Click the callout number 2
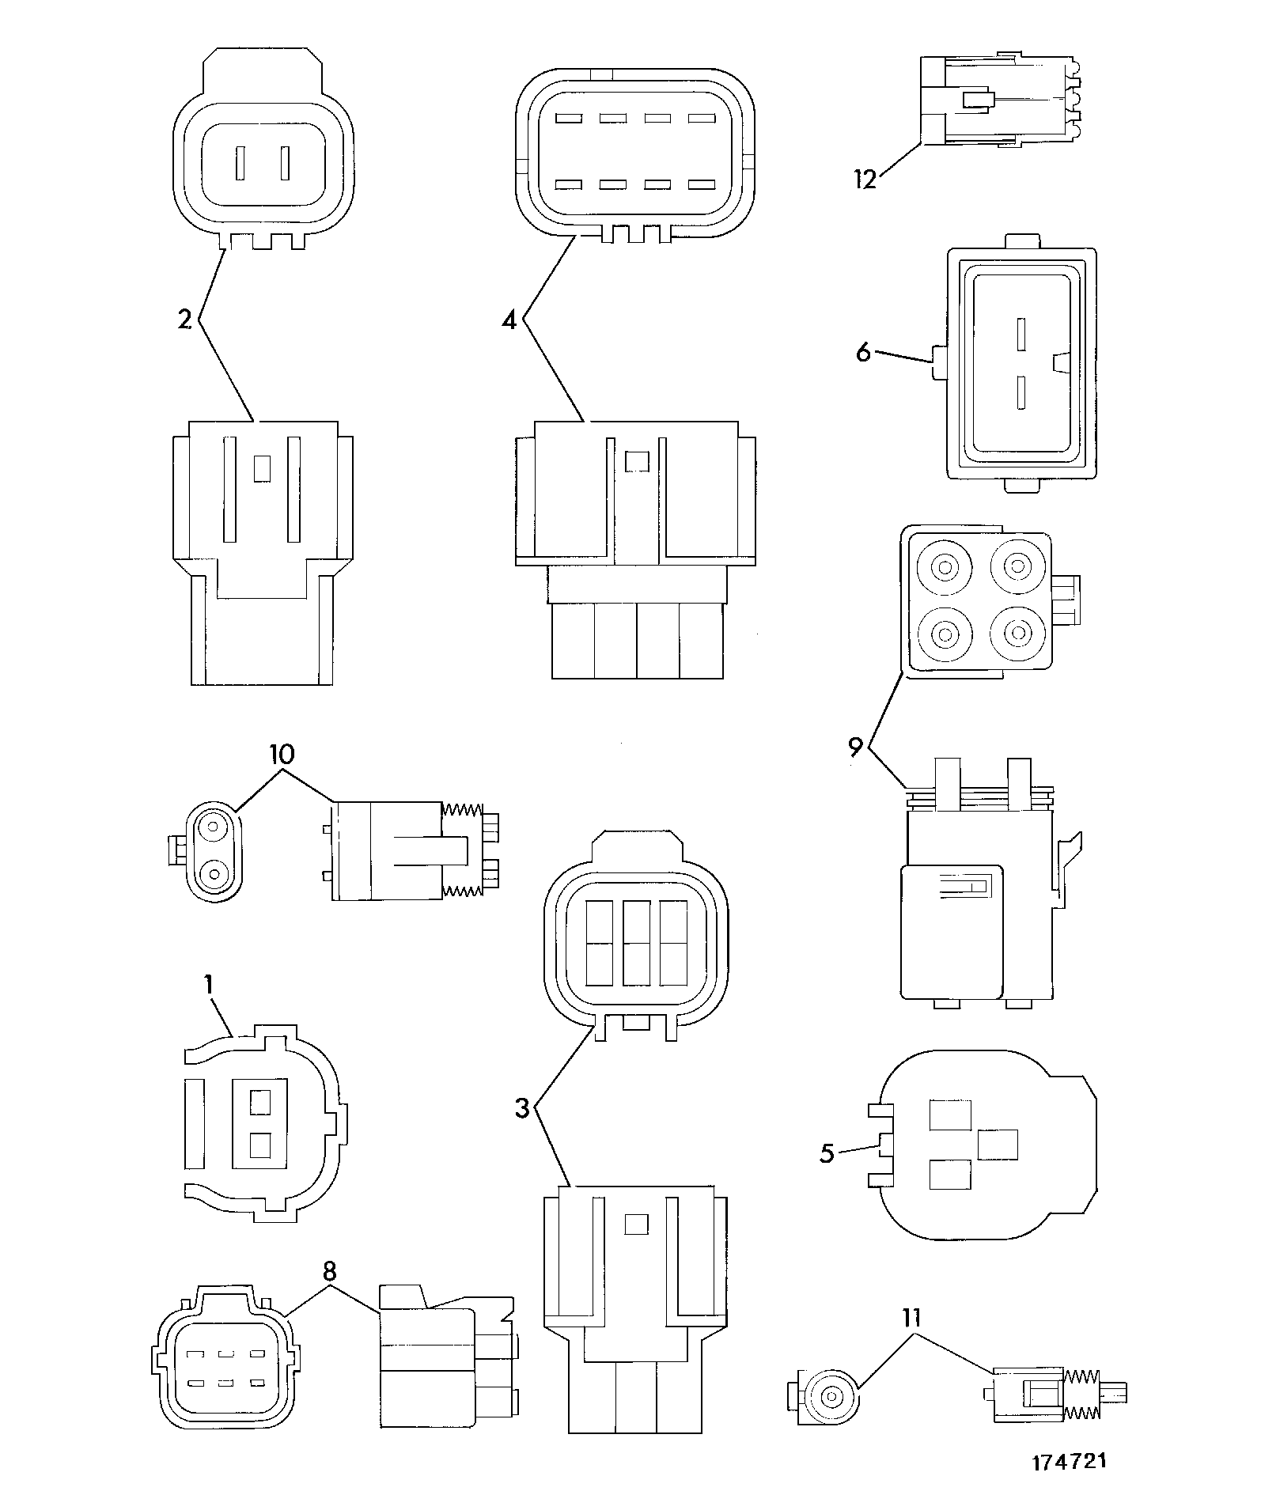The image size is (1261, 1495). (x=184, y=320)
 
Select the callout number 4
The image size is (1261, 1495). (x=509, y=320)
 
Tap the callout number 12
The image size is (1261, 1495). (x=865, y=180)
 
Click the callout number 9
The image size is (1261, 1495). (x=854, y=747)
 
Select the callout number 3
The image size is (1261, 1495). (x=522, y=1108)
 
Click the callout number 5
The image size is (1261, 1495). (x=827, y=1153)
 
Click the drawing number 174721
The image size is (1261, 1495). (x=1068, y=1460)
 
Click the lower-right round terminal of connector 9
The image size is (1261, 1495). (x=1016, y=633)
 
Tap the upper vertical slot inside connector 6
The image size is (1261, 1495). (x=1021, y=335)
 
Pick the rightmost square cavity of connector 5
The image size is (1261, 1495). (x=998, y=1145)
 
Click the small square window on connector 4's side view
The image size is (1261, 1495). (x=637, y=460)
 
